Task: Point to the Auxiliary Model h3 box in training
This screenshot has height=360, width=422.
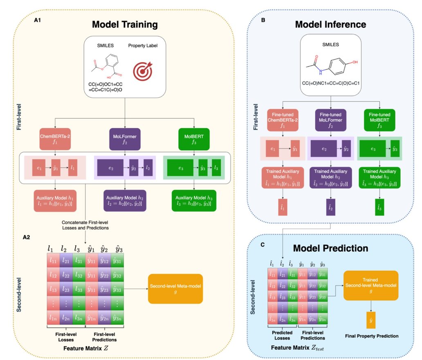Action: (192, 200)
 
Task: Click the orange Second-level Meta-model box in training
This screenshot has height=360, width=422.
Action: (175, 289)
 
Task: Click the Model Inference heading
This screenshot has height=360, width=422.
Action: (330, 24)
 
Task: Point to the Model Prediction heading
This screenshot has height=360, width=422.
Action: (330, 248)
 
